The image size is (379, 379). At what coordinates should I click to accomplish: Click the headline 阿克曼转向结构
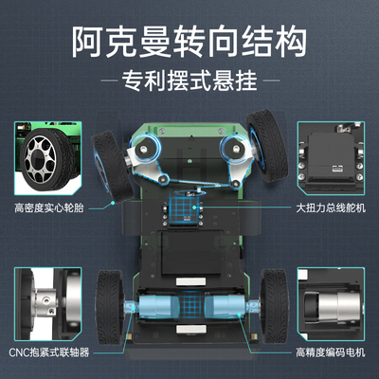coord(189,41)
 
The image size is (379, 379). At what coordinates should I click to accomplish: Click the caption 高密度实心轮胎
coord(46,208)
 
